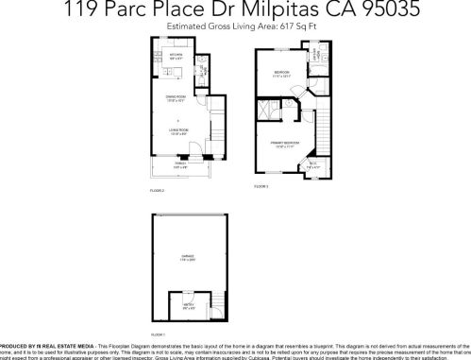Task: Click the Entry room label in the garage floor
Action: point(189,306)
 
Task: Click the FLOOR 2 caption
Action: point(157,192)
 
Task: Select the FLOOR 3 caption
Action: point(261,187)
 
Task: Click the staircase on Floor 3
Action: point(320,132)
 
